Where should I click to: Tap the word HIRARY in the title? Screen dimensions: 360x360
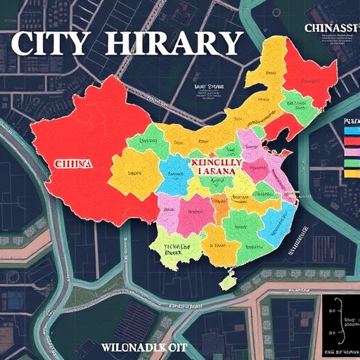click(x=174, y=44)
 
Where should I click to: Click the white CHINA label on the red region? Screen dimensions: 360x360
click(x=72, y=163)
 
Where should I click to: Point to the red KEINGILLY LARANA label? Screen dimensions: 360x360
click(x=216, y=166)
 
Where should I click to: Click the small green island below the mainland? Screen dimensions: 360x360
click(x=226, y=281)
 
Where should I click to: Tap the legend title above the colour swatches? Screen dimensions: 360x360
click(x=351, y=120)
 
